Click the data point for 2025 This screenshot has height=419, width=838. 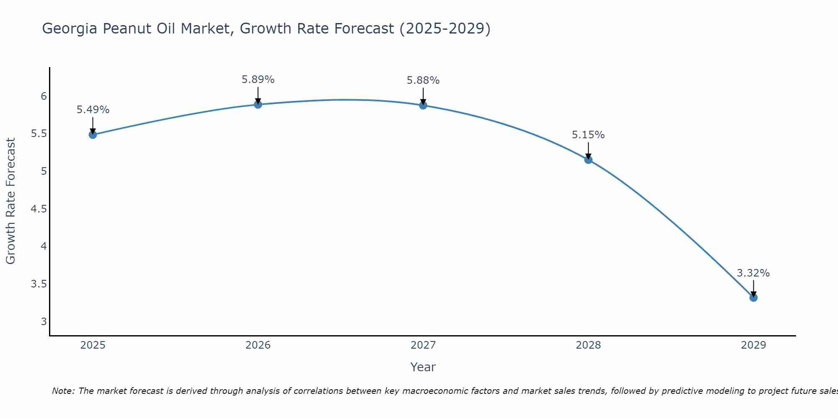(x=93, y=134)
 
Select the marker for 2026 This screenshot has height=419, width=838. (x=258, y=104)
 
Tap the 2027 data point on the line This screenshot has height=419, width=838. (x=423, y=105)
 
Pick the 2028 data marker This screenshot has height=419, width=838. (x=588, y=160)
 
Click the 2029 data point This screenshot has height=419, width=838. (x=753, y=297)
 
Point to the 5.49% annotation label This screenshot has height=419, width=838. (x=93, y=110)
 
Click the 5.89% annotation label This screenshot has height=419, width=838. (x=258, y=80)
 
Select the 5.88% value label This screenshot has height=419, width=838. (x=423, y=80)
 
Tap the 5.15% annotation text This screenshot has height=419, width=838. (x=588, y=135)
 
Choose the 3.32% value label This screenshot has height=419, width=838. (x=753, y=273)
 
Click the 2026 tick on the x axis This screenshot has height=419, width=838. (x=258, y=345)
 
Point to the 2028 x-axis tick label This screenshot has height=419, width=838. (x=588, y=345)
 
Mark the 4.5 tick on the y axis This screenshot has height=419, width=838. (x=39, y=209)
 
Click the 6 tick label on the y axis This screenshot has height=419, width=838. (x=44, y=96)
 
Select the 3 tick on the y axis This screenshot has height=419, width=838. (x=44, y=322)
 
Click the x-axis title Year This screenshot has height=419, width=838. (x=423, y=367)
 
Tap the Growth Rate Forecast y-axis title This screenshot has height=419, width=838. (x=10, y=201)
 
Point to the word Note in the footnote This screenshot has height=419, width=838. (x=63, y=391)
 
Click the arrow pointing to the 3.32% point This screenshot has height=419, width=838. (x=753, y=288)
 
